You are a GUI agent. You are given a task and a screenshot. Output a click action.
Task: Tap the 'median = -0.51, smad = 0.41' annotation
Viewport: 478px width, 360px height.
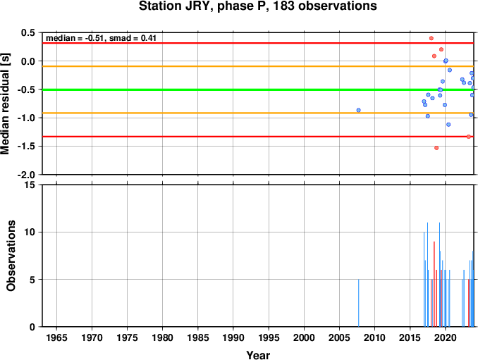click(101, 38)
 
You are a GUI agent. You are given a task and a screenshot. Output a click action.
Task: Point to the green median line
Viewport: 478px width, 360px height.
click(258, 89)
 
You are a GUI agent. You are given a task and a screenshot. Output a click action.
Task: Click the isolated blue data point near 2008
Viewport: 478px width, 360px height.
click(358, 110)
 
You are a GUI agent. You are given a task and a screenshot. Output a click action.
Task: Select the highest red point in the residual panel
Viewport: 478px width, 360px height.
click(431, 38)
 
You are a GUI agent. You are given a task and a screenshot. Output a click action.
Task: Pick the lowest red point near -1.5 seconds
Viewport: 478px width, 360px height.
click(436, 148)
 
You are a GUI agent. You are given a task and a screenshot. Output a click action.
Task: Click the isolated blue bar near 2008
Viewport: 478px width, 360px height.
click(358, 303)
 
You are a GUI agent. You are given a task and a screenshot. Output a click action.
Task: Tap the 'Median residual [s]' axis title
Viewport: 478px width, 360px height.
click(5, 104)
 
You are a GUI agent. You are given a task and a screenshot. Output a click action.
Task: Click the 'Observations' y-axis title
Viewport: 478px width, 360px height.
click(11, 256)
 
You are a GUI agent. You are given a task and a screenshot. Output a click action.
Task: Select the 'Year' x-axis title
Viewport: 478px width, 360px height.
click(258, 355)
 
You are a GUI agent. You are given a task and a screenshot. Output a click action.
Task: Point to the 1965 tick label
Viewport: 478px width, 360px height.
click(56, 337)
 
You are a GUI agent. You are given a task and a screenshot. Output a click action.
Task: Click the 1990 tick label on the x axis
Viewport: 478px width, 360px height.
click(233, 337)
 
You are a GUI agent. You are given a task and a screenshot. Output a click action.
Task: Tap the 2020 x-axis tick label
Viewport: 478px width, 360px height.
click(446, 337)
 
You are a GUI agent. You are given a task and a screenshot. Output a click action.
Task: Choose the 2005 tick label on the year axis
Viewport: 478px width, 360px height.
click(339, 337)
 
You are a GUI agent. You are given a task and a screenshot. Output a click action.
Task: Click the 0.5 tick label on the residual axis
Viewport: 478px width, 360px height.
click(27, 32)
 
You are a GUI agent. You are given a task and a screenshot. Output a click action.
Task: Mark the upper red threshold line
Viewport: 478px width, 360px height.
click(258, 43)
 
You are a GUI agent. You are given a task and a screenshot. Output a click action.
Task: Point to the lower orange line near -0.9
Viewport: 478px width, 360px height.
click(258, 113)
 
